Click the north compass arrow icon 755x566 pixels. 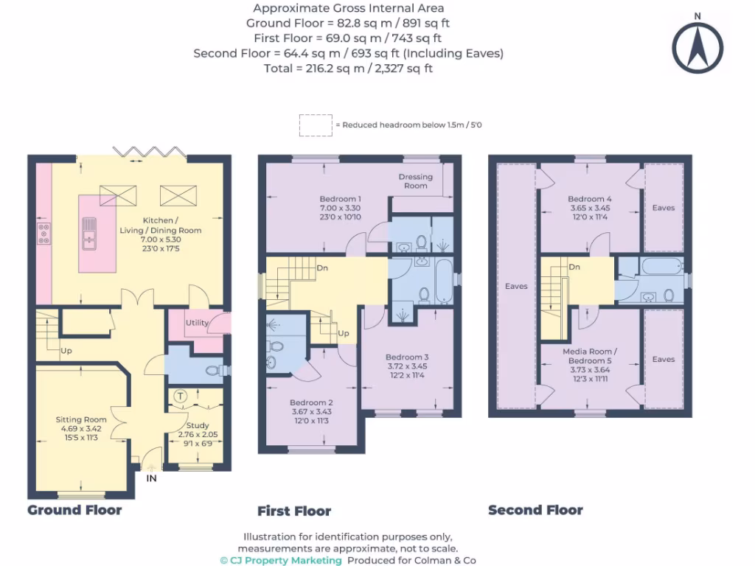coord(695,46)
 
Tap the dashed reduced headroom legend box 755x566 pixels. coord(315,125)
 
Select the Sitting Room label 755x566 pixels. coord(81,419)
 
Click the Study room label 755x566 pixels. coord(197,425)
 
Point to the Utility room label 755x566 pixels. coord(197,323)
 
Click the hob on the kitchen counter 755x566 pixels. coord(43,234)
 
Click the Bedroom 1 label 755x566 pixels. coord(340,199)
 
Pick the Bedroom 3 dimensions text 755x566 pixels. coord(407,371)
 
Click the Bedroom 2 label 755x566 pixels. coord(310,402)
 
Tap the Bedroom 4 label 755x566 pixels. coord(589,199)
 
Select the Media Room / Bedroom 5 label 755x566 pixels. coord(589,356)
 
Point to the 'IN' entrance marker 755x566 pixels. coord(151,478)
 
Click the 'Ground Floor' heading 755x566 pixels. coord(74,509)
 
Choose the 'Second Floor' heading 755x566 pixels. coord(535,510)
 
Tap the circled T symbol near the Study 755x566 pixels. coord(179,396)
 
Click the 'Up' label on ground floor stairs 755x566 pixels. coord(66,350)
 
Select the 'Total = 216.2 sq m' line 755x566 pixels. coord(348,68)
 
